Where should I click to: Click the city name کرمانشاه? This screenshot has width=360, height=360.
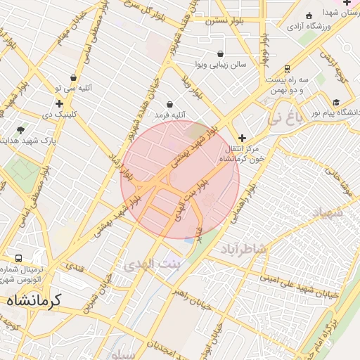coord(34,300)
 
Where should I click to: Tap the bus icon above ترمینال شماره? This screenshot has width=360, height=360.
coord(18,257)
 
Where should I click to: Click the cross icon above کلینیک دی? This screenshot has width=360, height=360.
coord(60,103)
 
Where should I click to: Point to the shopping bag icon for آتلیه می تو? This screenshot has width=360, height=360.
coord(74,78)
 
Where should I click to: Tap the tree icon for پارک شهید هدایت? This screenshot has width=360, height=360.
coord(20,129)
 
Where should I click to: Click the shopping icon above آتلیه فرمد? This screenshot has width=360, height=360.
coord(169,104)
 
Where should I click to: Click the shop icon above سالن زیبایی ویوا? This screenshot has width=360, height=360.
coord(221,53)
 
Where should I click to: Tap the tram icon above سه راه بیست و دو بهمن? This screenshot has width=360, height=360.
coord(287,69)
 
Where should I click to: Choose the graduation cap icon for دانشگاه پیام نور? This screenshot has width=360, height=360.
coord(336,102)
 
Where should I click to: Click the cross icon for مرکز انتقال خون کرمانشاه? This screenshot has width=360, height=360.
coord(243,138)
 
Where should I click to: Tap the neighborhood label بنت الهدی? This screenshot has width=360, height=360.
coord(152,264)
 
